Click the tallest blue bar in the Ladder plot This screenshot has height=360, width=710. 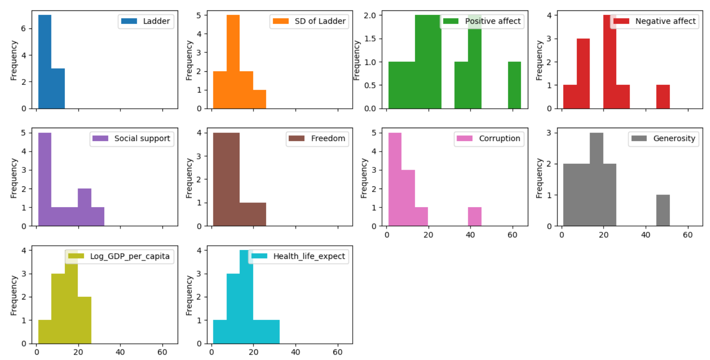[x=45, y=62]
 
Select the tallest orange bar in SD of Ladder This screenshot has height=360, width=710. [x=233, y=62]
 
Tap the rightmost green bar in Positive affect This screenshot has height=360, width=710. [x=514, y=85]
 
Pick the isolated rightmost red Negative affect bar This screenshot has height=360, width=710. [x=663, y=97]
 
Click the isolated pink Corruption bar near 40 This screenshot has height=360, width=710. [x=475, y=217]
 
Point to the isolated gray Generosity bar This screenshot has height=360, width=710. [x=663, y=210]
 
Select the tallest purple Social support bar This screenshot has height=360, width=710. [x=45, y=179]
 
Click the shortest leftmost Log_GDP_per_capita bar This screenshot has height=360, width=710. [x=45, y=332]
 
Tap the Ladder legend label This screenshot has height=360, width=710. [x=156, y=21]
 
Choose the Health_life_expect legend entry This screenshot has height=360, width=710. [x=309, y=256]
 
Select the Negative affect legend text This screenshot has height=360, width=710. [x=665, y=21]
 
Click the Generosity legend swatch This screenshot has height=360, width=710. [x=639, y=138]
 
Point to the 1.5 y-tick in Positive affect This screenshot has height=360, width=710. [x=370, y=38]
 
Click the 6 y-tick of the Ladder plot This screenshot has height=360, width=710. [x=23, y=28]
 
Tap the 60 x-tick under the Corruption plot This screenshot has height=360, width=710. [x=512, y=235]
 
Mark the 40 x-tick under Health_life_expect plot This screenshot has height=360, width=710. [x=295, y=352]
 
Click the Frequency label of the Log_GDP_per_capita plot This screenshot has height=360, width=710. [x=14, y=295]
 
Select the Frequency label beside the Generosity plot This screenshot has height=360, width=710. [x=539, y=178]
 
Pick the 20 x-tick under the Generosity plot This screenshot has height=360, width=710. [x=604, y=235]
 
